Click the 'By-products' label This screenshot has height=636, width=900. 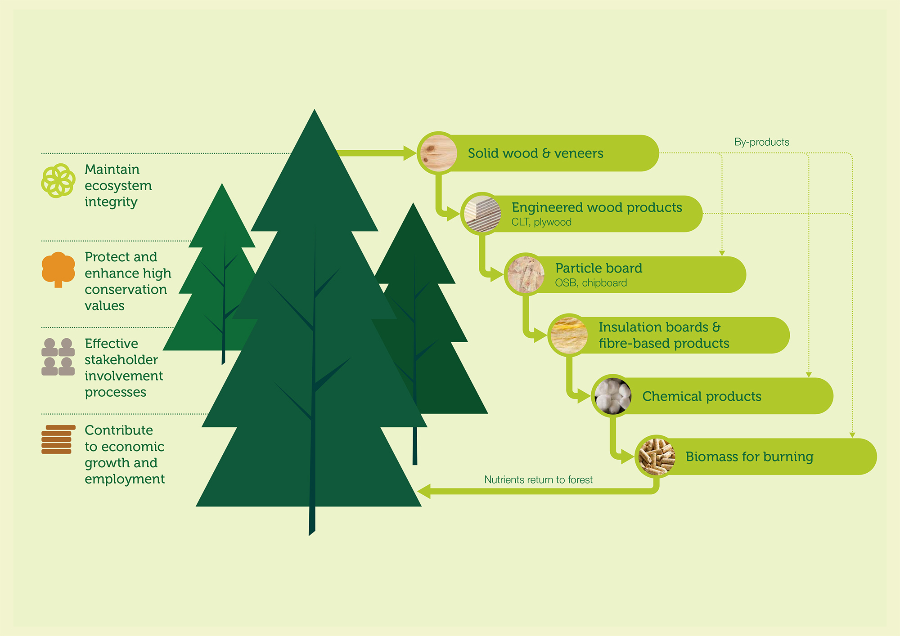coord(761,142)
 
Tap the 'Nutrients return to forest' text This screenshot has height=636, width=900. coord(538,480)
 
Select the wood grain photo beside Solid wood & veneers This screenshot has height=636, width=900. coord(438,153)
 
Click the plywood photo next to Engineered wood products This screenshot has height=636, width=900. coord(482,214)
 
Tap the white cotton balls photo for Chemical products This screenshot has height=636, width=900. coord(612,396)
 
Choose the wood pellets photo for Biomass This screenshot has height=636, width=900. coord(656,457)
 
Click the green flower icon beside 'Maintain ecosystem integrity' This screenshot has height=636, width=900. coord(58,181)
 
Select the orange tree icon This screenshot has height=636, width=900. coord(58,269)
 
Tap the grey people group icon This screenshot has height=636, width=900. coord(58,357)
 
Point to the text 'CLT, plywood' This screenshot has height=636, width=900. coord(541,222)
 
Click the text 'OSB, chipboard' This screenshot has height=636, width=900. coord(591,283)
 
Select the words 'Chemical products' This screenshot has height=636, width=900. coord(702,396)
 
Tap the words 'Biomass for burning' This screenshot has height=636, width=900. coord(749,457)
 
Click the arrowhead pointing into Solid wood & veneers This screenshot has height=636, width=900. coord(410,153)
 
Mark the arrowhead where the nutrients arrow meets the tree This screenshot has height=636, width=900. coord(424,491)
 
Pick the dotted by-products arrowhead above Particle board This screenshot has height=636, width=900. coord(722,253)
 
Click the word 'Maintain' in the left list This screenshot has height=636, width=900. coord(112,170)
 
